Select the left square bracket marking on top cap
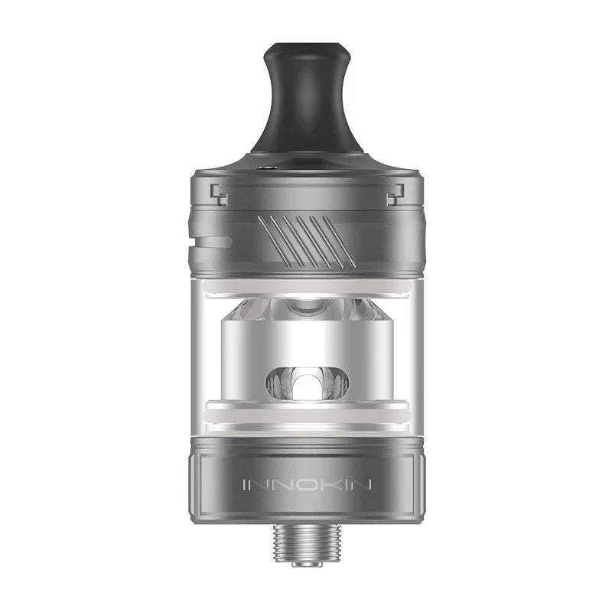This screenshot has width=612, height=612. click(x=220, y=194)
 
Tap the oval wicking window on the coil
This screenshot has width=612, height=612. click(x=306, y=382)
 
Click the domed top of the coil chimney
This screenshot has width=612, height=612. click(x=306, y=310)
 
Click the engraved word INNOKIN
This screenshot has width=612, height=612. click(x=306, y=485)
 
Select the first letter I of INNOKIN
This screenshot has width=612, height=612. click(x=245, y=485)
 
